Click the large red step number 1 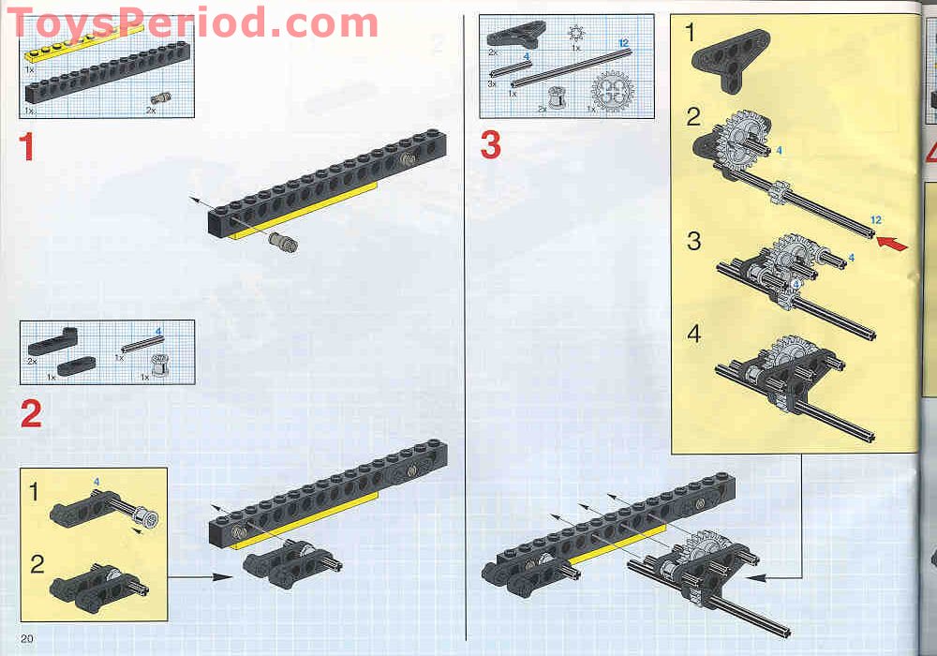[x=26, y=146]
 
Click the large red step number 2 [x=31, y=413]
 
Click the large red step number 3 [x=491, y=145]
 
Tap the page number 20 [x=27, y=639]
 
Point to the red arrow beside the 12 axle [x=892, y=243]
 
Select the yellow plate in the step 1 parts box [x=83, y=42]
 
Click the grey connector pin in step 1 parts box [x=160, y=98]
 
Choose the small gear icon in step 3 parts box [x=576, y=33]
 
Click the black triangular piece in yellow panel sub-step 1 [x=730, y=61]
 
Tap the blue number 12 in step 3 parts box [x=623, y=43]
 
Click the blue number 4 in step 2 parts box [x=158, y=331]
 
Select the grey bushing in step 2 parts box [x=159, y=365]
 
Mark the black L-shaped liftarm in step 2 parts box [x=52, y=342]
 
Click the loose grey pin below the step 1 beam [x=283, y=242]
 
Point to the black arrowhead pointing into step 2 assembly [x=222, y=577]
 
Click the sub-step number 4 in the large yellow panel [x=693, y=334]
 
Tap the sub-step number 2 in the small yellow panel [x=37, y=563]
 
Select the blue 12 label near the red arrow [x=876, y=220]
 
